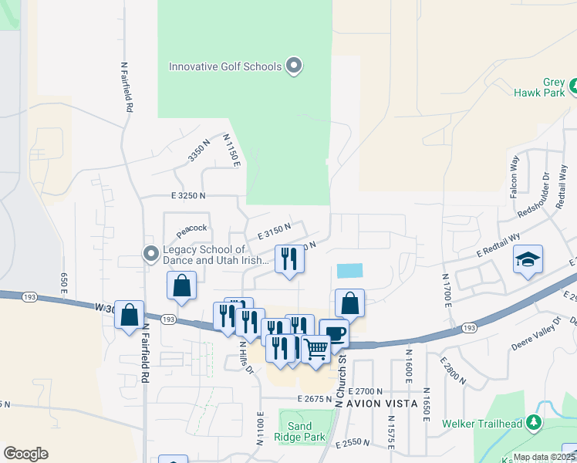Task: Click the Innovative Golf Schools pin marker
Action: (x=293, y=66)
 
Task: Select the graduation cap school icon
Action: (x=528, y=260)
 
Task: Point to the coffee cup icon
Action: (x=334, y=333)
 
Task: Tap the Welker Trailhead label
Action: (x=482, y=423)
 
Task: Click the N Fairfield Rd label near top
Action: (x=125, y=88)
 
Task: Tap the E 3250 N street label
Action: (x=183, y=196)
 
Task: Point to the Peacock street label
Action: (x=192, y=228)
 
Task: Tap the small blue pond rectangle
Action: (x=349, y=271)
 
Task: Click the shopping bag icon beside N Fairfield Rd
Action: (x=129, y=314)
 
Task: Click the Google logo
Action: (x=25, y=454)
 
